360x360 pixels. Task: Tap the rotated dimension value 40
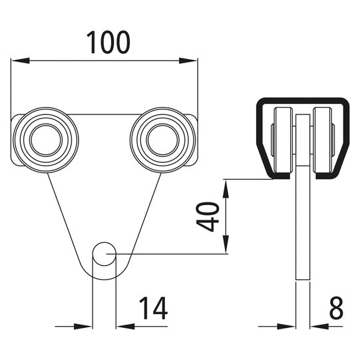[210, 217]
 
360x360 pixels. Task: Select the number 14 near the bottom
[152, 309]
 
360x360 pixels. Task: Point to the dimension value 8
[337, 309]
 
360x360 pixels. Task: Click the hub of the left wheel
[45, 139]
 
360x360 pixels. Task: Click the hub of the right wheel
[163, 139]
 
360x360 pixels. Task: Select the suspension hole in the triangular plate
[103, 254]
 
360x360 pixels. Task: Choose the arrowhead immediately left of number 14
[124, 326]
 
